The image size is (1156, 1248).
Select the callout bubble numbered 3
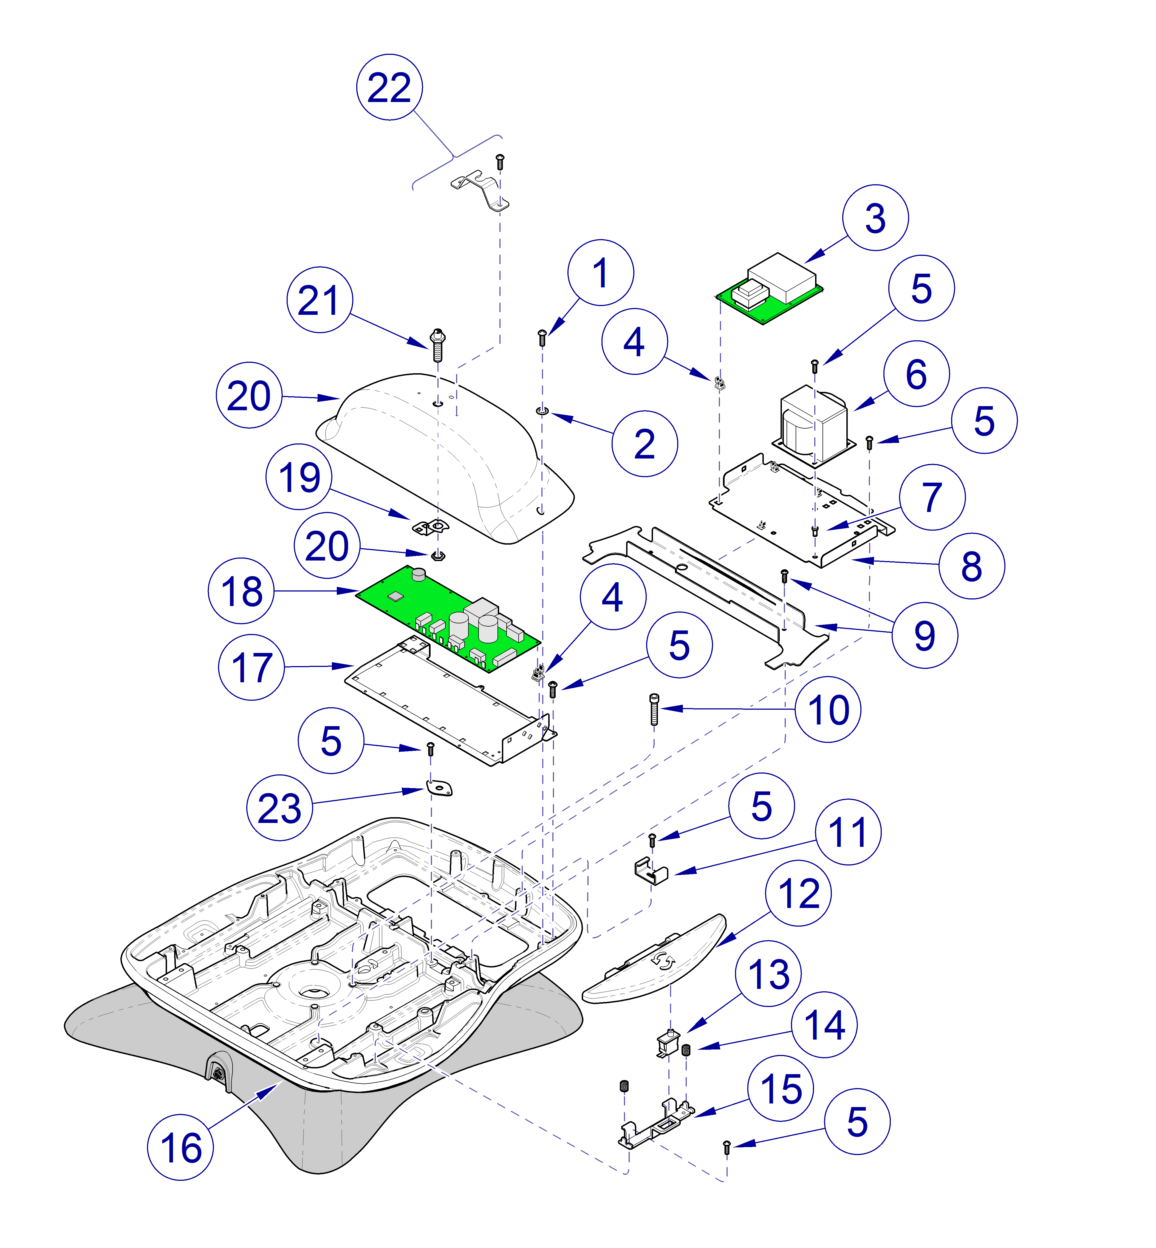[x=875, y=218]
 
